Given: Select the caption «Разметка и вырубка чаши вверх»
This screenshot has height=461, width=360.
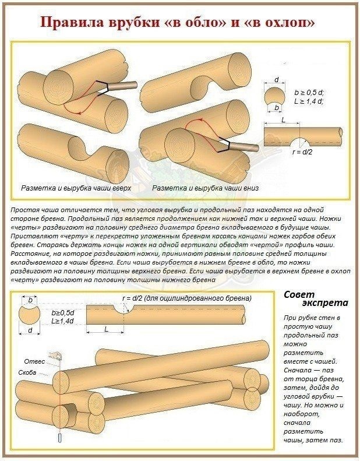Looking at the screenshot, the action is (76, 188).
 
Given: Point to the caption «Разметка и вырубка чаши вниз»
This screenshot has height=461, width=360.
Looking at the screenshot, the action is (206, 188).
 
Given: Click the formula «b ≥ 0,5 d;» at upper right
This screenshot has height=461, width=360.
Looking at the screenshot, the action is (309, 93).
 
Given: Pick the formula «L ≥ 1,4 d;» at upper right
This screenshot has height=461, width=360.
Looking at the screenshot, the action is (309, 101).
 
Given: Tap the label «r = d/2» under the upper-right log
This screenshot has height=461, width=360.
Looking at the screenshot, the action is (303, 152).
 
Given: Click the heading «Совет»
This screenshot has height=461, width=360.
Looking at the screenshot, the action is (299, 294).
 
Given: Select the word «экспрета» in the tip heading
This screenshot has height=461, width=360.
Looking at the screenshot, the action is (325, 303).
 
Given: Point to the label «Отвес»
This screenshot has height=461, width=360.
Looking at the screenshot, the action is (34, 361).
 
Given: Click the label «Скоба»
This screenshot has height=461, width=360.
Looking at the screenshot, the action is (27, 372).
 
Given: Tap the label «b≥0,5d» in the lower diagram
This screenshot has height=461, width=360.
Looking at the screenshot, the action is (62, 312).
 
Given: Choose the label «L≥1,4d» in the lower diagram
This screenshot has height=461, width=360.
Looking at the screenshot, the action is (62, 321).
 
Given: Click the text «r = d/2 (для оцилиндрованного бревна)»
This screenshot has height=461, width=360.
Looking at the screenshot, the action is (187, 298).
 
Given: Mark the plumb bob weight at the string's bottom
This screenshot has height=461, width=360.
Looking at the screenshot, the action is (60, 438).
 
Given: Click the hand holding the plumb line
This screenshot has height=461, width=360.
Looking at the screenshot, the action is (55, 356).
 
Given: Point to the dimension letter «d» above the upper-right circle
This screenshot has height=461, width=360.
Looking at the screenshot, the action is (276, 80).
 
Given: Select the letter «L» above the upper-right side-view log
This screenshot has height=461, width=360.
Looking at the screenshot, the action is (283, 120).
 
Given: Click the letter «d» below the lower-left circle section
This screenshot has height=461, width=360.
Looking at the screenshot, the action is (30, 330).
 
